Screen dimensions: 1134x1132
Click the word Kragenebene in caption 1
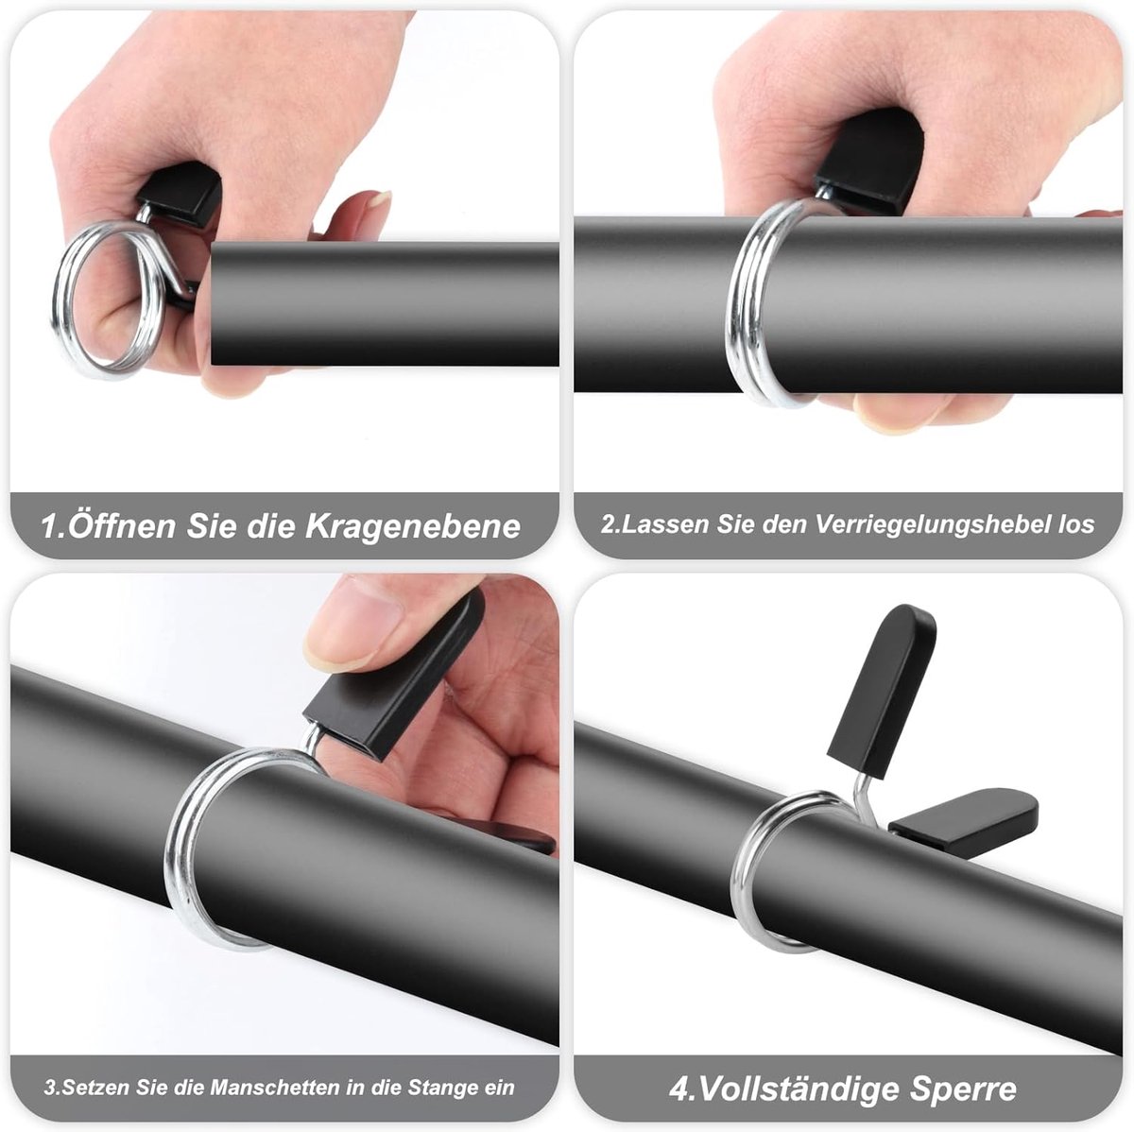tap(413, 526)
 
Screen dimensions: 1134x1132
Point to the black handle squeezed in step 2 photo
tap(869, 162)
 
